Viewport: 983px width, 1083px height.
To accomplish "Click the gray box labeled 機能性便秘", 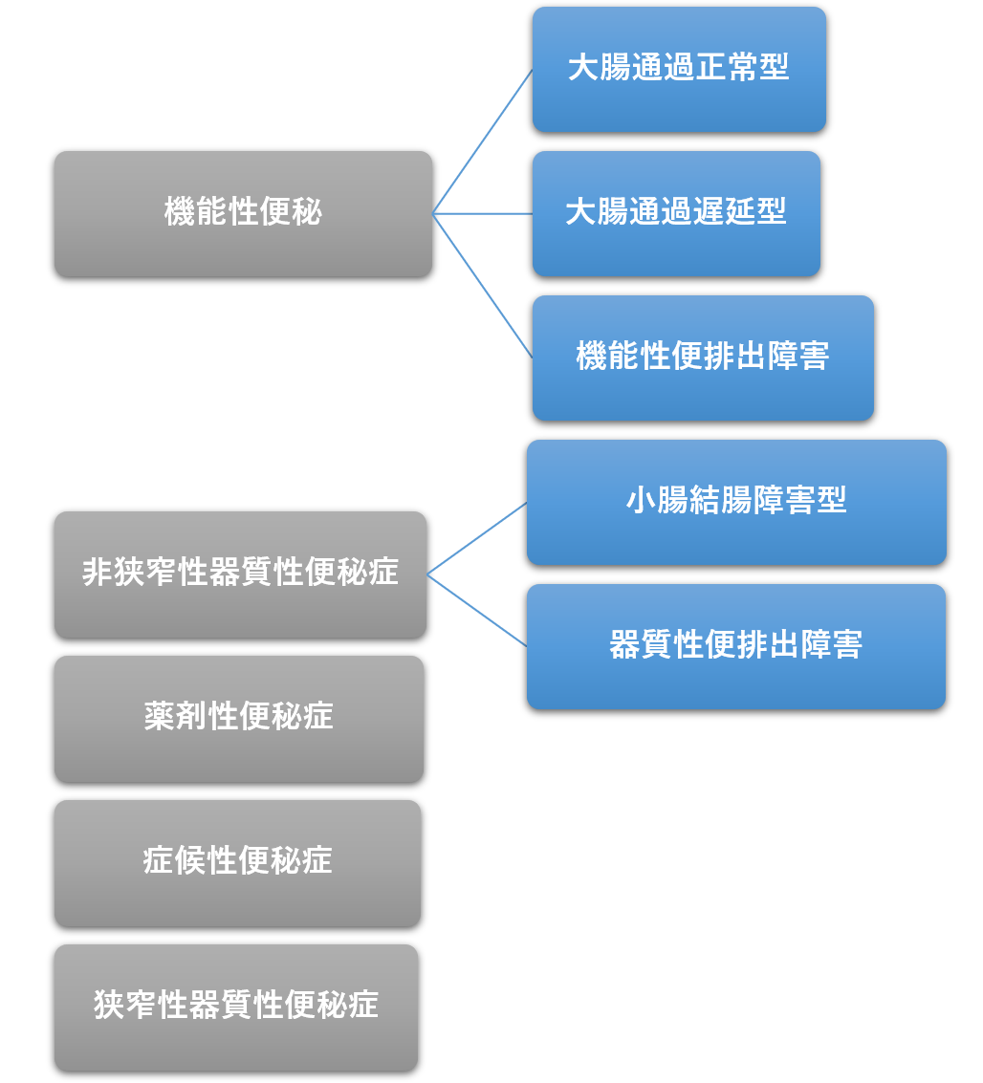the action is point(243,214).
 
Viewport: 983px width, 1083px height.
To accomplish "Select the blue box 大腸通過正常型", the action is point(679,69).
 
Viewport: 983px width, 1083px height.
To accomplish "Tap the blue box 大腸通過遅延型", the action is point(676,213).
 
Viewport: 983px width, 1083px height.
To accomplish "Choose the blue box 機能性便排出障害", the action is point(703,357).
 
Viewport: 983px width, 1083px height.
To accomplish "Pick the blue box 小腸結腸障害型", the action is point(736,502).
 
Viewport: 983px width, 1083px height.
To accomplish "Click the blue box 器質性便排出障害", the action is point(736,646).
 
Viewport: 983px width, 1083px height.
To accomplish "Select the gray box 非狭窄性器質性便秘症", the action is point(240,574).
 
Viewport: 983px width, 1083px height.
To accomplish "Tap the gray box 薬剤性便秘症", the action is point(239,719).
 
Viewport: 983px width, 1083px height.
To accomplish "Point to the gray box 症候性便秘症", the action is point(238,863).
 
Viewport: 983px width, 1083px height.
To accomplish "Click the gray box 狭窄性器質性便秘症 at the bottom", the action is point(236,1007).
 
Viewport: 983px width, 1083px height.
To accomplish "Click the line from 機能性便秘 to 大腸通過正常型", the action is point(482,141).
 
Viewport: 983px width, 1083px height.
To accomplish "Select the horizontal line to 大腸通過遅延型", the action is point(482,214).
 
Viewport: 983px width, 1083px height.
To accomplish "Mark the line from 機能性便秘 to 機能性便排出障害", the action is point(482,286).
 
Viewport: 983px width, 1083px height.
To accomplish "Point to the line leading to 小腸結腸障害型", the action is point(476,539).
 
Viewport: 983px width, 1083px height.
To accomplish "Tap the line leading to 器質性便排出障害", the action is point(476,611).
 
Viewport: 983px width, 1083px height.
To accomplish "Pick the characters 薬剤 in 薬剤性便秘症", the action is point(175,716).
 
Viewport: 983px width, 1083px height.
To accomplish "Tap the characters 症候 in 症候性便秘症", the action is point(174,860).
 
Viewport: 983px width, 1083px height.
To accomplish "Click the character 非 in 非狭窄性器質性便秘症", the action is point(98,572).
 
